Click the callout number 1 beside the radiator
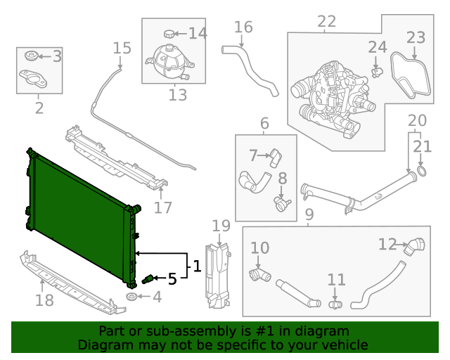click(198, 266)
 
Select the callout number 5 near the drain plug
click(172, 279)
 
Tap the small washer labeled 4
click(131, 298)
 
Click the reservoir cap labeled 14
click(169, 33)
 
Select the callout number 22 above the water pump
click(326, 22)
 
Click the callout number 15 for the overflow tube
click(122, 48)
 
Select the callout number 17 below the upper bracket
click(162, 207)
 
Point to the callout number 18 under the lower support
click(44, 302)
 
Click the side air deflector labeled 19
click(219, 274)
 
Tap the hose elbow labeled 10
click(258, 274)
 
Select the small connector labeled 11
click(335, 304)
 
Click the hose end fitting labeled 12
click(416, 245)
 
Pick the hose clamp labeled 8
click(282, 204)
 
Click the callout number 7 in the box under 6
click(253, 155)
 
